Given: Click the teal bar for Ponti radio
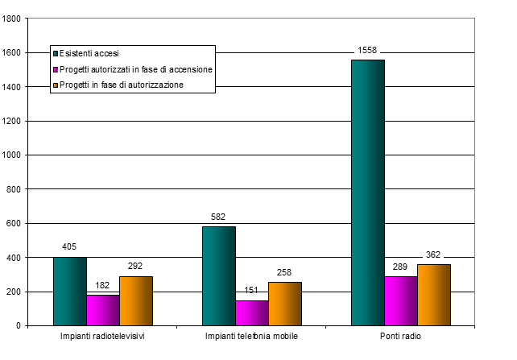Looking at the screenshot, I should click(x=367, y=192).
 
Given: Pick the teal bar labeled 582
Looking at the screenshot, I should click(x=218, y=275).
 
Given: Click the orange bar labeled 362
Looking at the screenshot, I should click(x=433, y=295).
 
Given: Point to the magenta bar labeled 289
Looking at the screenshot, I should click(x=400, y=301).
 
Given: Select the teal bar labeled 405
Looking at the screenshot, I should click(x=69, y=291).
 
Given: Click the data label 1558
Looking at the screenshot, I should click(x=368, y=51).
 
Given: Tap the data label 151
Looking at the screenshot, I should click(x=252, y=292).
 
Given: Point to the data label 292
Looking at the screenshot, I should click(x=135, y=267).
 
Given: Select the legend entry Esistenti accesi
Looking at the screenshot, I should click(x=89, y=54).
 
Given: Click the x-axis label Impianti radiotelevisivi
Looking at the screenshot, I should click(x=102, y=336).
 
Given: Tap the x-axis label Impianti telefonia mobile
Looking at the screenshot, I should click(x=251, y=336).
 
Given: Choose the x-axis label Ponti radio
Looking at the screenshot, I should click(x=400, y=336).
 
